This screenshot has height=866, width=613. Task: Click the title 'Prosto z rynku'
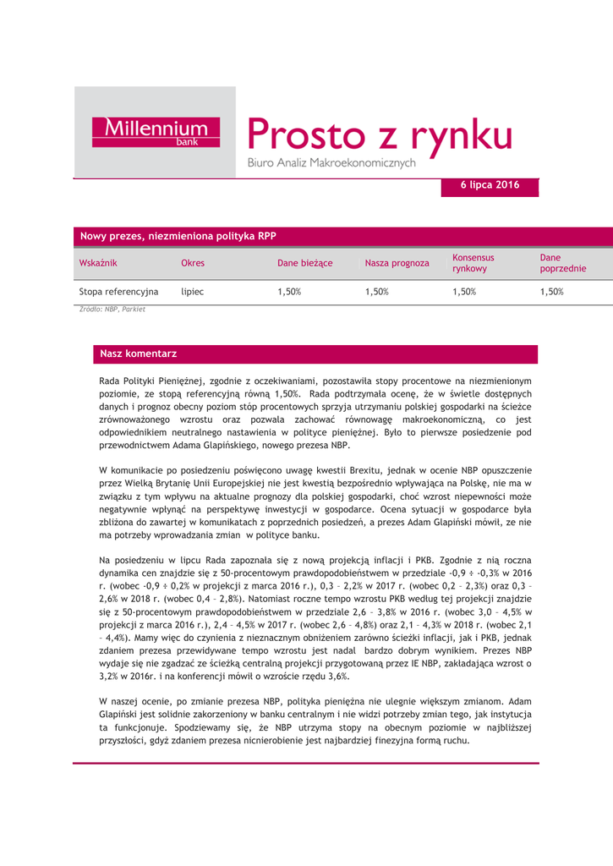(x=380, y=134)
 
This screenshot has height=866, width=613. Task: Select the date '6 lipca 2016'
(x=490, y=184)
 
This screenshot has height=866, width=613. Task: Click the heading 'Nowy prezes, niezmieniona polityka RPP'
(x=178, y=236)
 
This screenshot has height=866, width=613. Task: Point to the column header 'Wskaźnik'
(x=97, y=263)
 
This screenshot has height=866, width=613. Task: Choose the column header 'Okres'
(x=193, y=263)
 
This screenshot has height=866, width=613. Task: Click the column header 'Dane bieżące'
(x=304, y=263)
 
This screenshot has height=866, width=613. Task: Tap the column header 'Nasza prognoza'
(x=397, y=263)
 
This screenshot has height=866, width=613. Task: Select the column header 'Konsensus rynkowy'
(x=473, y=263)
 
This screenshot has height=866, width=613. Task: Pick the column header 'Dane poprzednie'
(x=563, y=263)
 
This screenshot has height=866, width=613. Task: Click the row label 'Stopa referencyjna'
(x=118, y=292)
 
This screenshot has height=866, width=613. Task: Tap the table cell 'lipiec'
(x=193, y=292)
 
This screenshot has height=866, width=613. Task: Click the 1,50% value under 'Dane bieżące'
(x=289, y=292)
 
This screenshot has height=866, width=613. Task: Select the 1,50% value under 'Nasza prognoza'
(x=376, y=292)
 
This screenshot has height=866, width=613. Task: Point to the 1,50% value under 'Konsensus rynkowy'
(x=464, y=292)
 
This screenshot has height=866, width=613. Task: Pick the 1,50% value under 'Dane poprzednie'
(x=552, y=292)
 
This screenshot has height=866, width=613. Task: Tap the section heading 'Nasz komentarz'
(x=138, y=353)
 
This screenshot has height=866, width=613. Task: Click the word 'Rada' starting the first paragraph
(x=111, y=381)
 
